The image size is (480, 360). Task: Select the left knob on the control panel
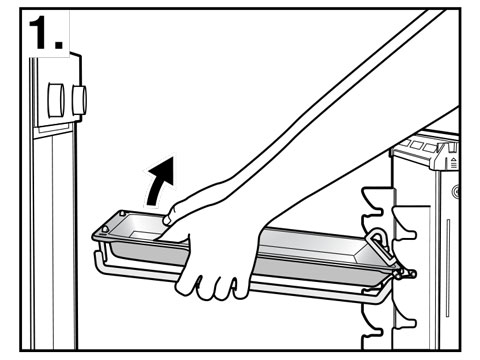[x=56, y=100]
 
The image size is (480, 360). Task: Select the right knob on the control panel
[x=79, y=100]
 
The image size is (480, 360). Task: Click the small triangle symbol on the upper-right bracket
[x=454, y=160]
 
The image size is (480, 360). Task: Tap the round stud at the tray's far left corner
[x=105, y=229]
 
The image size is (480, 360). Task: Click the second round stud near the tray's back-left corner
[x=122, y=212]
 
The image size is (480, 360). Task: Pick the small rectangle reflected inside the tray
[x=144, y=236]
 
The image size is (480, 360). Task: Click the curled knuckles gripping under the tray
[x=213, y=283]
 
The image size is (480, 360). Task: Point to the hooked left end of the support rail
[x=99, y=263]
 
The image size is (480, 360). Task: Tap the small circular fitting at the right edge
[x=456, y=192]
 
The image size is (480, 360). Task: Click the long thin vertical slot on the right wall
[x=448, y=268]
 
